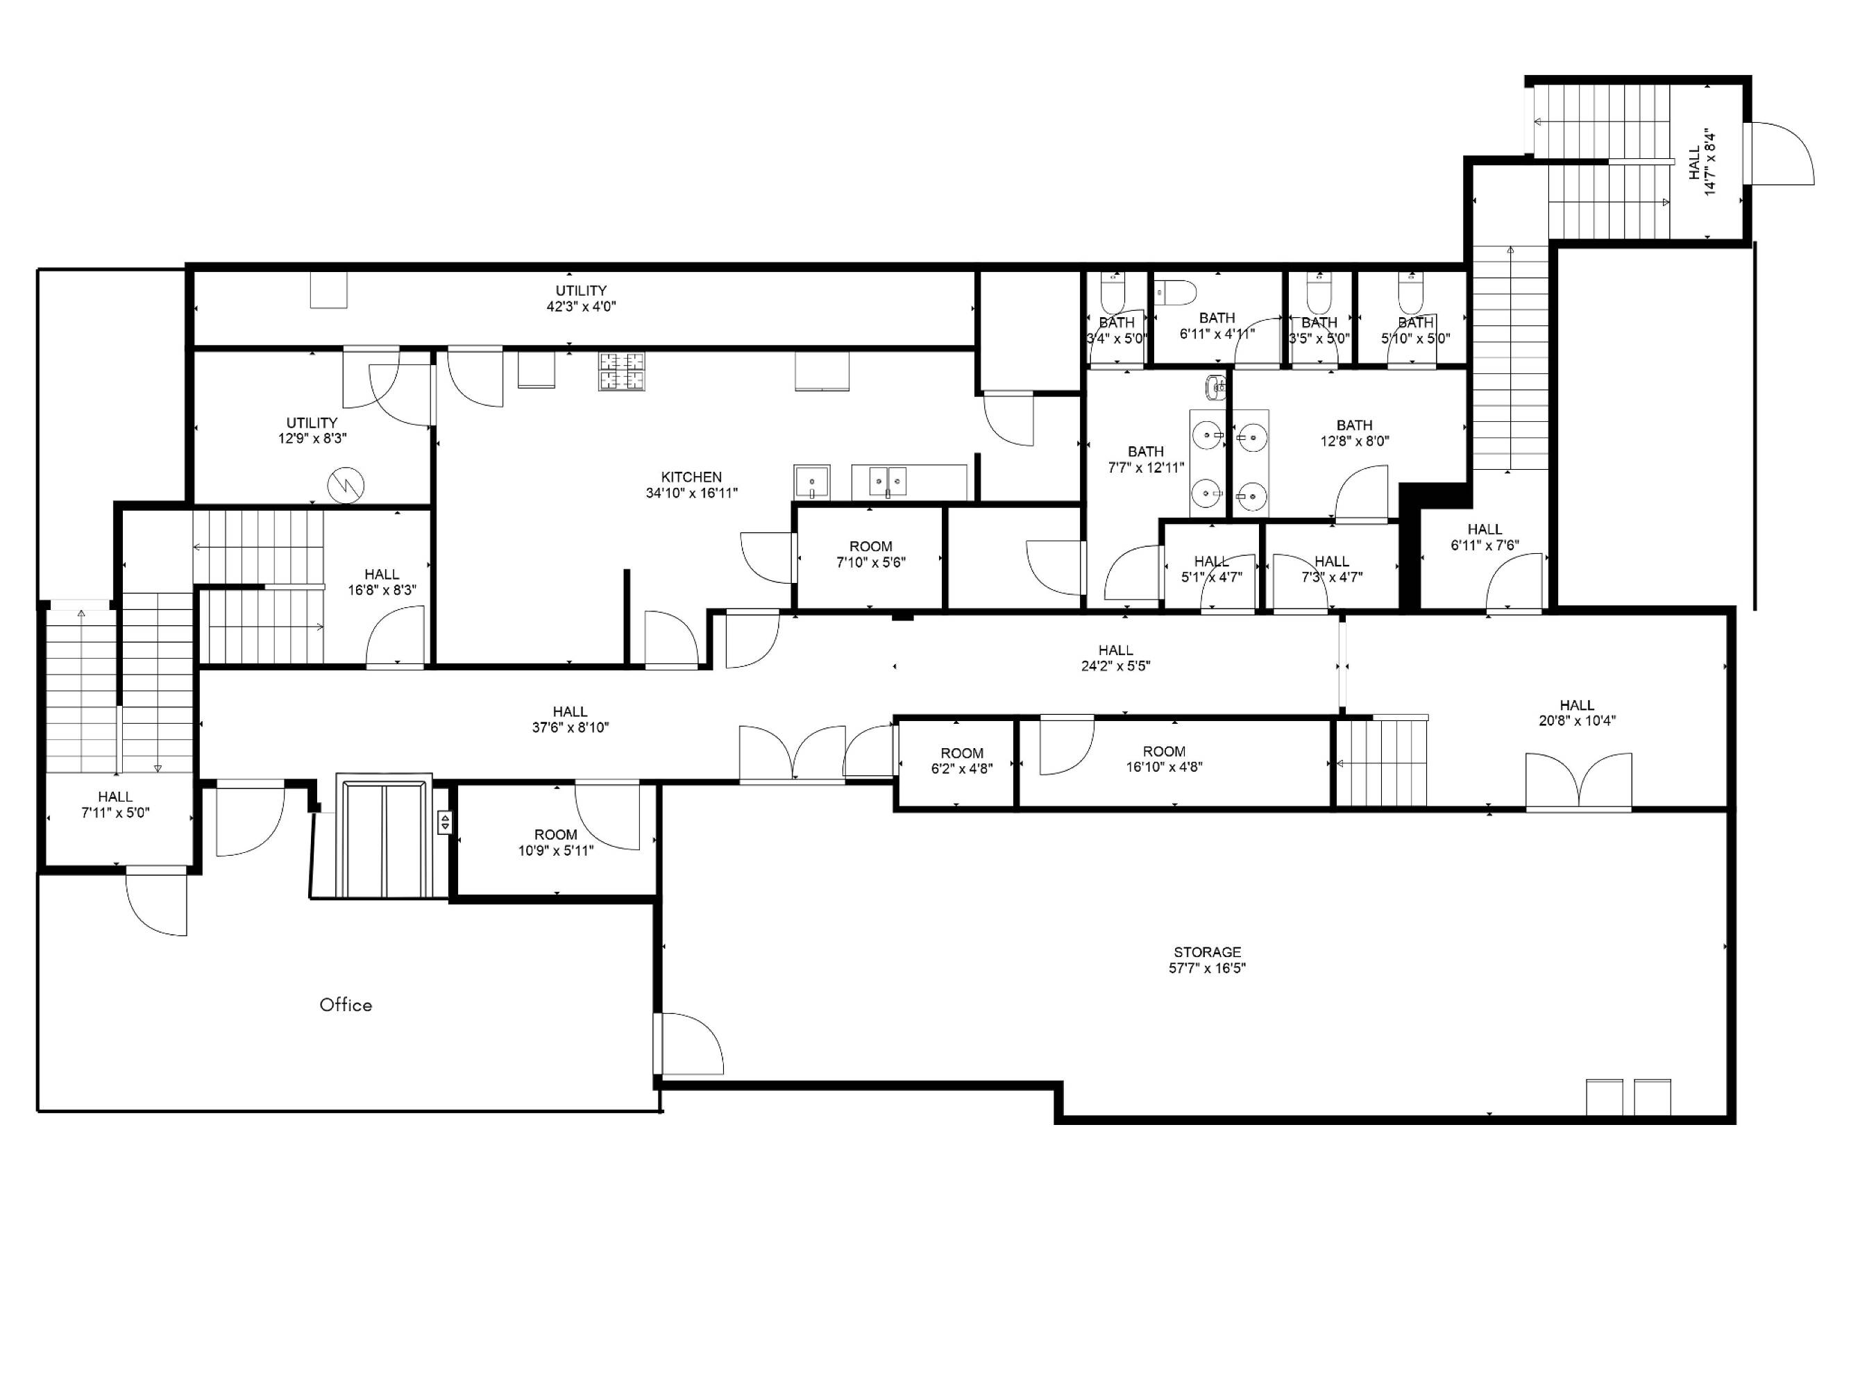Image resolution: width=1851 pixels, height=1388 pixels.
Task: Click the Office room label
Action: coord(346,1005)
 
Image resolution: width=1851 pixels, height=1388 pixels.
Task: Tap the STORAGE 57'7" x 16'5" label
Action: coord(1207,960)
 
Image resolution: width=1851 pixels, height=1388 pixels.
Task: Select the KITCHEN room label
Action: coord(691,477)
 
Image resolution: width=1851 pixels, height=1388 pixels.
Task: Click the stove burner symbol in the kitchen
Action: coord(622,371)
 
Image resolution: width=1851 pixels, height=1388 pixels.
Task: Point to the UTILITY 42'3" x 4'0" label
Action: coord(582,298)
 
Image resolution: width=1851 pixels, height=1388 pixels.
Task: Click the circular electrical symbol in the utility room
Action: coord(346,484)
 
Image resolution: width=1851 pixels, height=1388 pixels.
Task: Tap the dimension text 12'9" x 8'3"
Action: coord(312,439)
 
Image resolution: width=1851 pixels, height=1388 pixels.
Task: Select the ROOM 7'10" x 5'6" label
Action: coord(871,555)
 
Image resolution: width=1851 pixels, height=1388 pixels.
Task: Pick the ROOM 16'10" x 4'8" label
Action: coord(1164,759)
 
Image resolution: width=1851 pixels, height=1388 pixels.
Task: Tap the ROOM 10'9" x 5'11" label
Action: coord(556,843)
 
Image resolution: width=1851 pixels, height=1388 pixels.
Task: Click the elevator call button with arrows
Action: coord(444,822)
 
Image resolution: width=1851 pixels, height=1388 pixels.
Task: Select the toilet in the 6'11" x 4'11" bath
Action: coord(1176,293)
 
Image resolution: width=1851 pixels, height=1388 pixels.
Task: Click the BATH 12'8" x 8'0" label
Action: coord(1354,433)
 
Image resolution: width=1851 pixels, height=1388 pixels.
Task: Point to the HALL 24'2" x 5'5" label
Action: coord(1115,658)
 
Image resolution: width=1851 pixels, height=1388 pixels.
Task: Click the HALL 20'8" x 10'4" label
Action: coord(1577,713)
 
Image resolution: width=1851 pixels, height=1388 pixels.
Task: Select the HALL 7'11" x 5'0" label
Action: coord(115,804)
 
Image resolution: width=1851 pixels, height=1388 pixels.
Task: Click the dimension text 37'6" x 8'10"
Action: coord(570,728)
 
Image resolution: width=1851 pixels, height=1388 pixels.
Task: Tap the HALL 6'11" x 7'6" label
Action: coord(1485,537)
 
